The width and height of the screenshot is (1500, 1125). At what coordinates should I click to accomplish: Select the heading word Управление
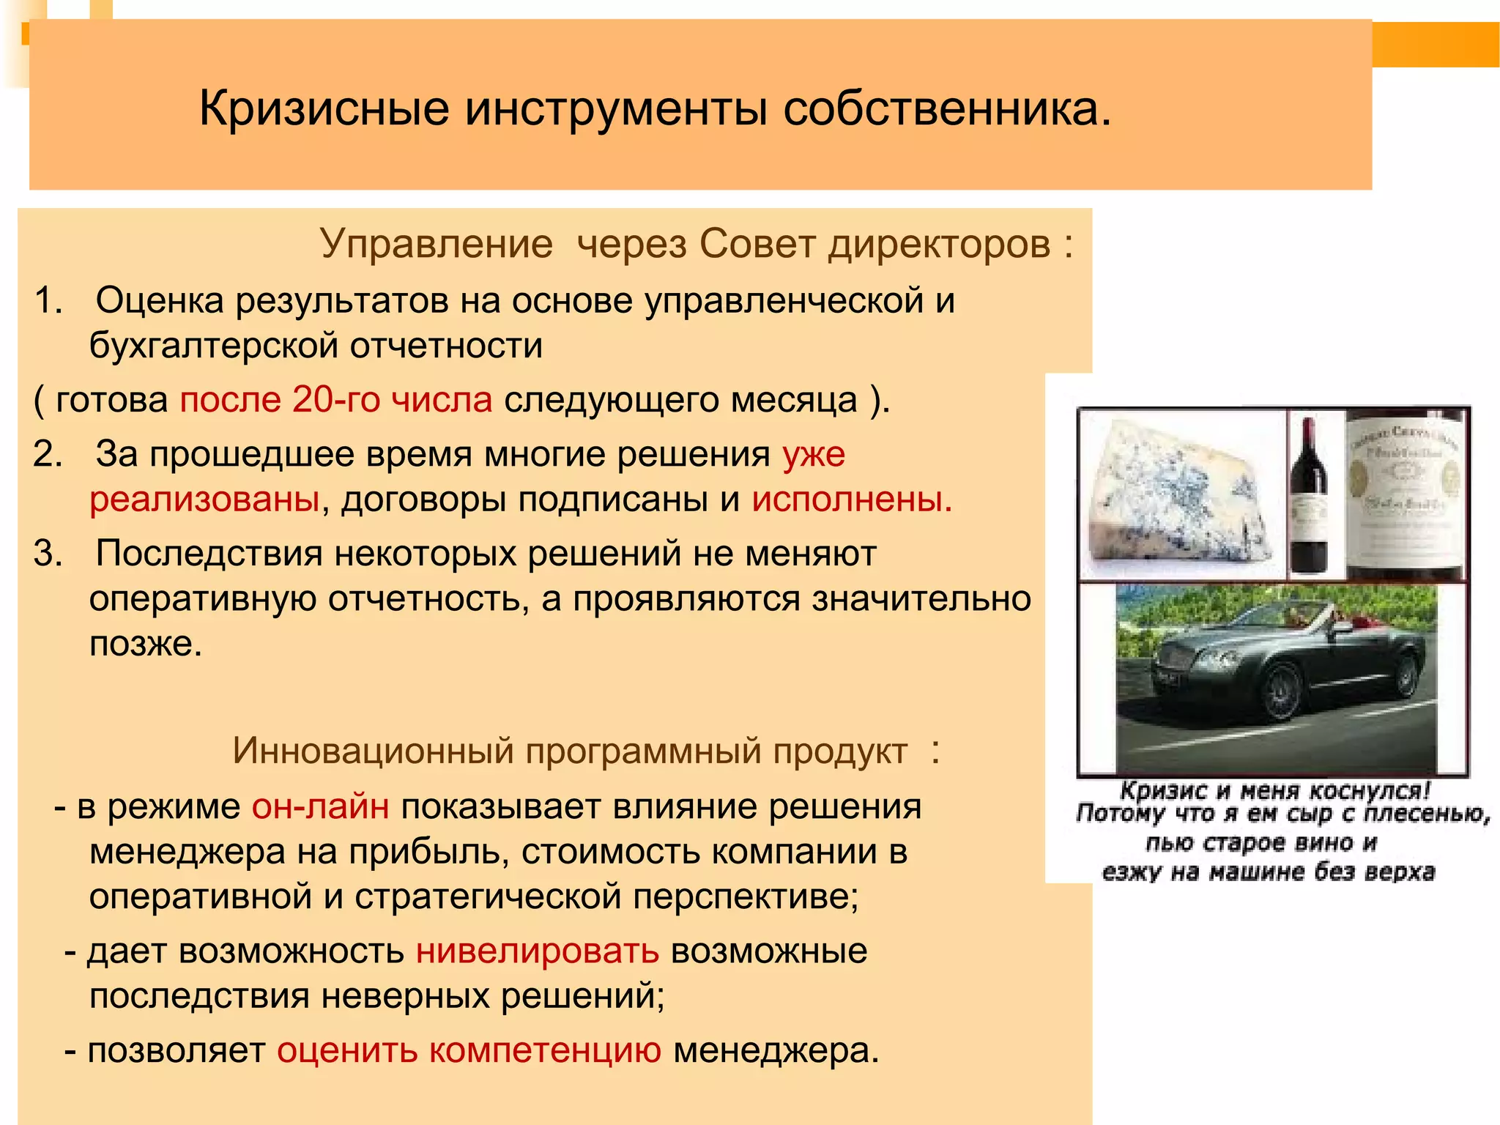pos(437,244)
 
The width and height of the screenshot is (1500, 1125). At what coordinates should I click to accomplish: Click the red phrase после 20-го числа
pos(336,400)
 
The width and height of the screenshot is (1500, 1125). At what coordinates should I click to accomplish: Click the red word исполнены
pos(852,500)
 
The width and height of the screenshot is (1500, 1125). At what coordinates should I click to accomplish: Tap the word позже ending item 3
pos(145,645)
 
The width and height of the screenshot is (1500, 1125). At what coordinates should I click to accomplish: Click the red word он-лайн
pos(321,807)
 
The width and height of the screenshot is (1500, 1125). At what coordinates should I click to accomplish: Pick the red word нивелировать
pos(538,951)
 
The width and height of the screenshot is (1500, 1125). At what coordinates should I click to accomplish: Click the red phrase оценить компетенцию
pos(469,1051)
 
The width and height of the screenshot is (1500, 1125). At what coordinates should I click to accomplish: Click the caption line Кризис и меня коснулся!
pos(1274,791)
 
